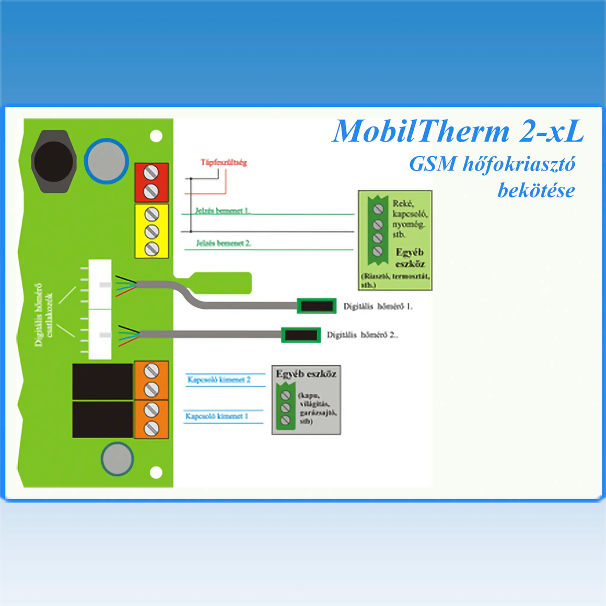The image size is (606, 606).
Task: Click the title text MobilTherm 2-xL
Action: (x=458, y=132)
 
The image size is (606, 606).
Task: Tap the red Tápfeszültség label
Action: (x=224, y=162)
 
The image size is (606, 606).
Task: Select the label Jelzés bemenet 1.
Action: (x=222, y=211)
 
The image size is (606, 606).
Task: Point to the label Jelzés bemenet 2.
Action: (x=224, y=243)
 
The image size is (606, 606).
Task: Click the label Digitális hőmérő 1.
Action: (x=377, y=307)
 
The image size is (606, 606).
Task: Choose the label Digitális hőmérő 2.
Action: (x=362, y=335)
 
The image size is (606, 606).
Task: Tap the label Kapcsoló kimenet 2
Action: (x=219, y=380)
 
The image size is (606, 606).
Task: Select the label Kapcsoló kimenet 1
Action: (x=217, y=416)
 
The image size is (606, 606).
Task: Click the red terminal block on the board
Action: (x=151, y=182)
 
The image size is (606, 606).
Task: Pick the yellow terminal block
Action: (x=151, y=231)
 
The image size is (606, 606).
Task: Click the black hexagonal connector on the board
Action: (x=54, y=161)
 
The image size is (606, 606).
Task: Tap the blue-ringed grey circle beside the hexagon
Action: (x=107, y=161)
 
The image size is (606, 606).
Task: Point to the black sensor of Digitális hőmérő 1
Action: (x=317, y=306)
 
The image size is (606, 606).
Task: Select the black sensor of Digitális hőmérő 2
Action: (x=301, y=335)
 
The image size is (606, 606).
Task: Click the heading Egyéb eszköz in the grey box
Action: (x=306, y=374)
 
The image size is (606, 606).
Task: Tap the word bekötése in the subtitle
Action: (x=535, y=190)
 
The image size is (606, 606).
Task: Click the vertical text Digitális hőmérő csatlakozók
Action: (x=43, y=314)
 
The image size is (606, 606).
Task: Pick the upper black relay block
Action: (x=102, y=381)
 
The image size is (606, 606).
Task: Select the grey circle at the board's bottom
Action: (x=117, y=459)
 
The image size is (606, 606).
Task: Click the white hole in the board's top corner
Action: (x=156, y=136)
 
